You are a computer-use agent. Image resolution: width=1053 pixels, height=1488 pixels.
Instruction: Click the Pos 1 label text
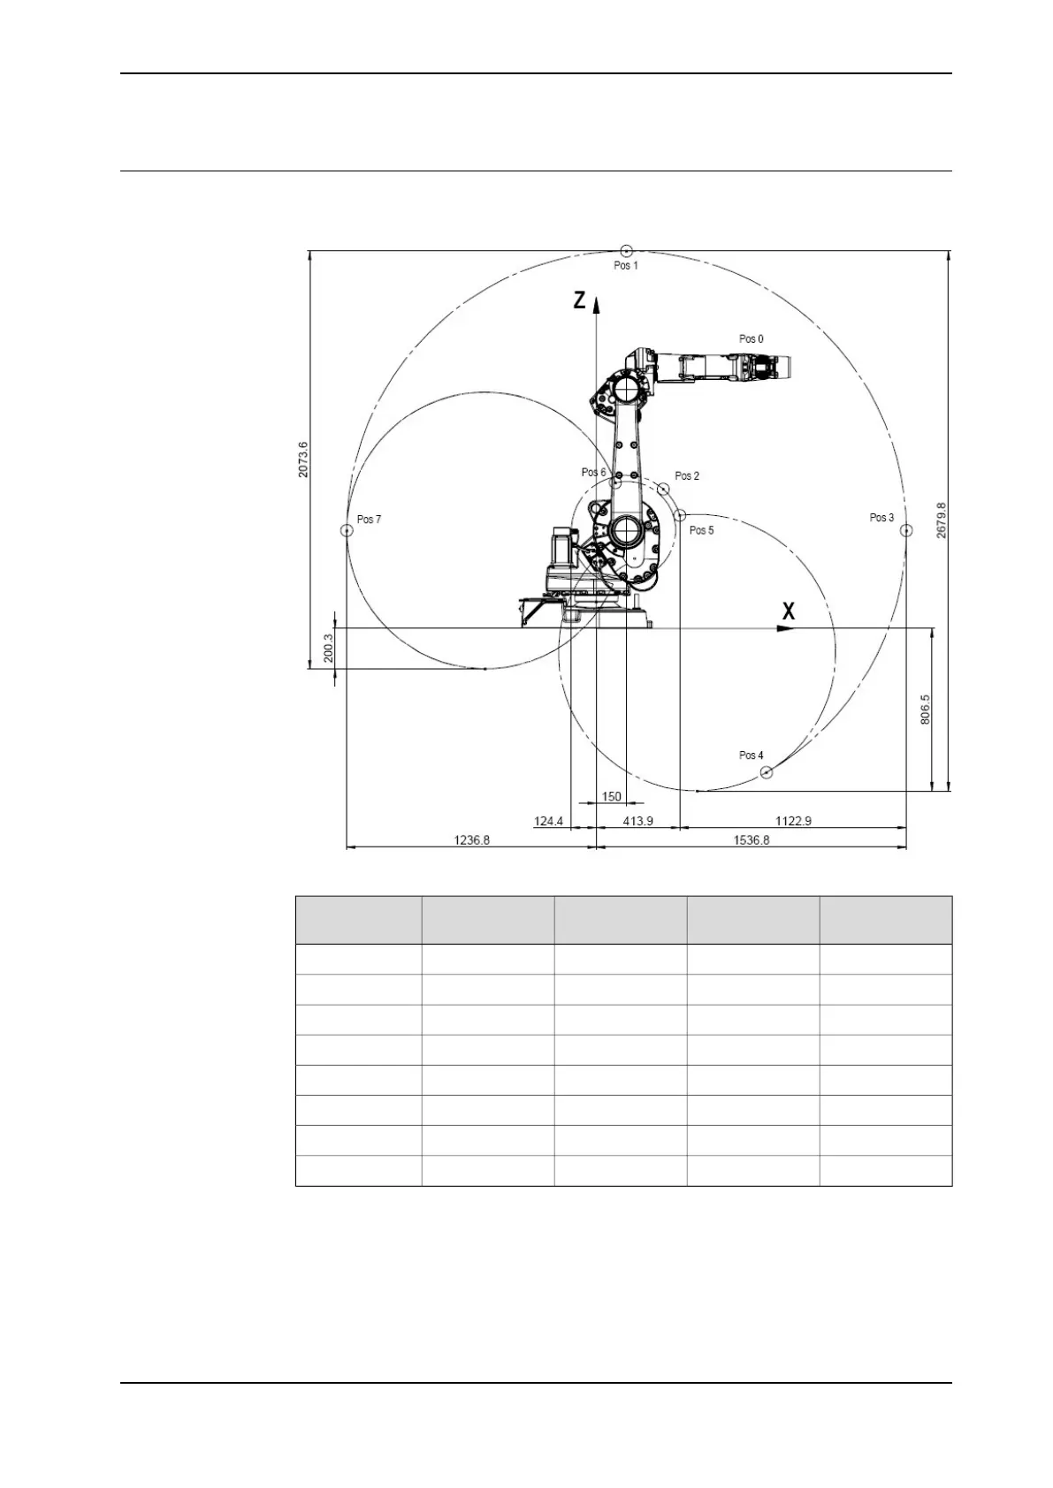pyautogui.click(x=626, y=266)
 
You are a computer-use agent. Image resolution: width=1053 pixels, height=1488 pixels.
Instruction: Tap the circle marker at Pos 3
pyautogui.click(x=906, y=530)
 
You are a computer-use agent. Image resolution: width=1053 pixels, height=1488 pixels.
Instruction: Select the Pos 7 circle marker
pyautogui.click(x=347, y=530)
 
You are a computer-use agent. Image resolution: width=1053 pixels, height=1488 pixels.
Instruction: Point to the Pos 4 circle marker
pyautogui.click(x=767, y=772)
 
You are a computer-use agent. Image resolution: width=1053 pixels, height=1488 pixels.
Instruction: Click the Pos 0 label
pyautogui.click(x=752, y=338)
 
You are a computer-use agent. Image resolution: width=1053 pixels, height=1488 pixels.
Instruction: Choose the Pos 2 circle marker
pyautogui.click(x=663, y=489)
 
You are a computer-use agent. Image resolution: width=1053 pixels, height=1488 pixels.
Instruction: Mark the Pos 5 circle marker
pyautogui.click(x=679, y=515)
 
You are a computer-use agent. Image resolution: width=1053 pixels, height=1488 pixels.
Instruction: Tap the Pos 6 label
pyautogui.click(x=593, y=473)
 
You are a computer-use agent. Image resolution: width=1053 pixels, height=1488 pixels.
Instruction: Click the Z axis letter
pyautogui.click(x=580, y=301)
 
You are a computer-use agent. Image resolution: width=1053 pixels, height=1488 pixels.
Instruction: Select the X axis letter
pyautogui.click(x=789, y=611)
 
